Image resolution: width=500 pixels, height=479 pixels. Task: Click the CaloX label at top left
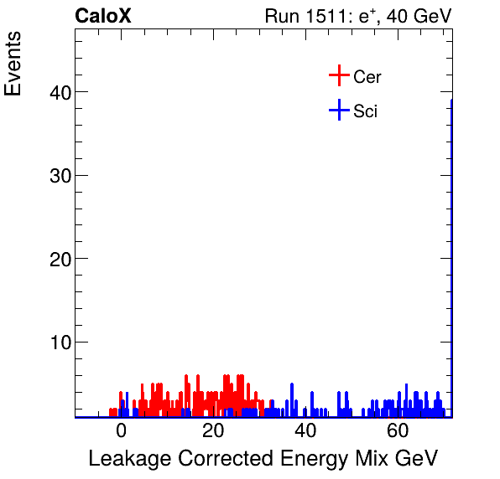(x=103, y=17)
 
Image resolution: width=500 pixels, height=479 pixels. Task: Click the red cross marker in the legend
(x=338, y=76)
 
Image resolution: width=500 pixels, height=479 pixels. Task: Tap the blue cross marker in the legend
(x=338, y=110)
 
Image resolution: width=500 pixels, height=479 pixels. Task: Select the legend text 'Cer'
(x=367, y=77)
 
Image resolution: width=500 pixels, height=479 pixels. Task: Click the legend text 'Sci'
(x=366, y=111)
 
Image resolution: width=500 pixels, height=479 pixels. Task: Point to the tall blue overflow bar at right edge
(x=451, y=251)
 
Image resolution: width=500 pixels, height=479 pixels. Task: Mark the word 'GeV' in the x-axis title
(x=418, y=459)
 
